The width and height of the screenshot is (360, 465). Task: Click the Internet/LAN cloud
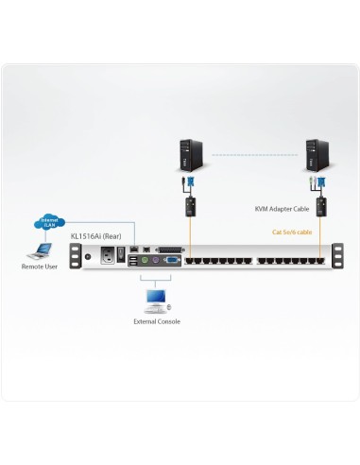[48, 223]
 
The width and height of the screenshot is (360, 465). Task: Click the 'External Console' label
[156, 321]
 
